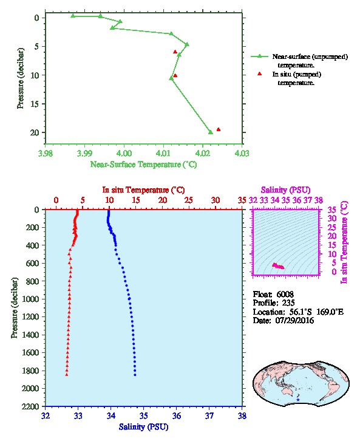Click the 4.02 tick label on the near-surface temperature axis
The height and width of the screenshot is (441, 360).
point(202,153)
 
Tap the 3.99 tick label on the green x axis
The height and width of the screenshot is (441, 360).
point(84,153)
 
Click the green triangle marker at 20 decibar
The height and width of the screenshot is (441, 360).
point(211,132)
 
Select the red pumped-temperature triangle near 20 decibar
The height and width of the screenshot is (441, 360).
point(219,129)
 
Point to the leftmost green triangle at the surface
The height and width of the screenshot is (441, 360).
point(73,16)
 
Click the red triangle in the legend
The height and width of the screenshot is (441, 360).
point(260,73)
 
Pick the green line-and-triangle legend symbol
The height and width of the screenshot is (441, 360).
point(260,56)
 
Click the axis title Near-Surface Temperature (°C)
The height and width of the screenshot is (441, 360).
point(143,164)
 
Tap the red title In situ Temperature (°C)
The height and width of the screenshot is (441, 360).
point(143,190)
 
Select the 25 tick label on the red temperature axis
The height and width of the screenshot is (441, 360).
point(189,200)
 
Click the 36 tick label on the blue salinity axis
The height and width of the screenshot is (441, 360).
point(177,415)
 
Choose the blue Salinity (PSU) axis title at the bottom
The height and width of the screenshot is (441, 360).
point(144,426)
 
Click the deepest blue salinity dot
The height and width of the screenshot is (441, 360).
point(135,375)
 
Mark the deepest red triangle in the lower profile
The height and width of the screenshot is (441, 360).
point(67,374)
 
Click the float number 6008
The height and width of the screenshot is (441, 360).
point(285,294)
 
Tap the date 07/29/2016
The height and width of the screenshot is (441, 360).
point(294,320)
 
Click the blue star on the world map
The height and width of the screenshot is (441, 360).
point(298,400)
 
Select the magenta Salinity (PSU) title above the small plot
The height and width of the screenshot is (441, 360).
point(285,190)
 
